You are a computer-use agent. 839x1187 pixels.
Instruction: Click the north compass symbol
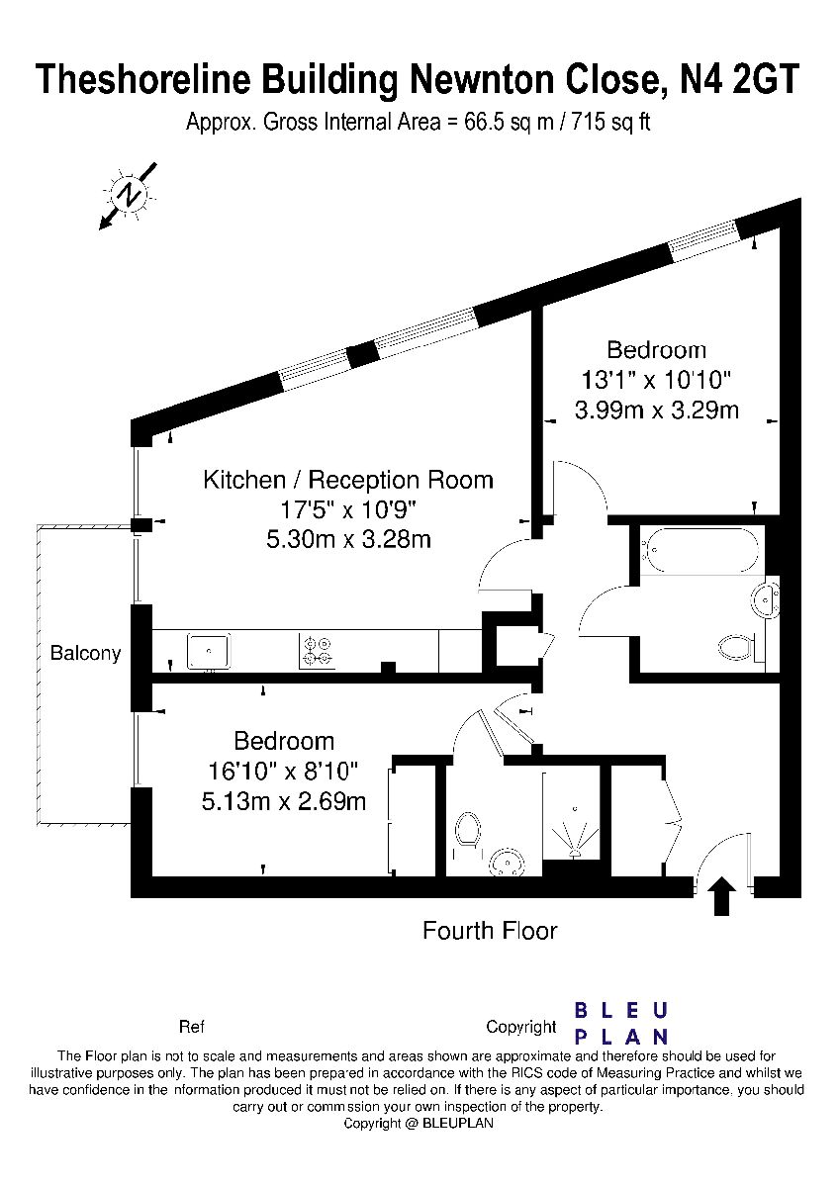[128, 196]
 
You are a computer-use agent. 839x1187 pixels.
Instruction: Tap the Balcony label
[85, 653]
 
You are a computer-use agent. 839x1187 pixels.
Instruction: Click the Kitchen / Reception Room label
[348, 480]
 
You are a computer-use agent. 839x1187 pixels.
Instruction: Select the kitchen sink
[209, 650]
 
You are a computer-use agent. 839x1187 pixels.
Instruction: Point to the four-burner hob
[317, 651]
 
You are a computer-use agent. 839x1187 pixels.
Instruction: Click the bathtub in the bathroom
[699, 551]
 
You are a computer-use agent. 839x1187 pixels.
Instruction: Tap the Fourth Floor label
[490, 931]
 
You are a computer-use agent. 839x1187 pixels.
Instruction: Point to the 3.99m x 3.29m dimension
[657, 411]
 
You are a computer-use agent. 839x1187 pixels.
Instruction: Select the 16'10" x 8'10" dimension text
[284, 772]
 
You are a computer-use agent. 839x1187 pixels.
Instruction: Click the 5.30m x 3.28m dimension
[348, 539]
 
